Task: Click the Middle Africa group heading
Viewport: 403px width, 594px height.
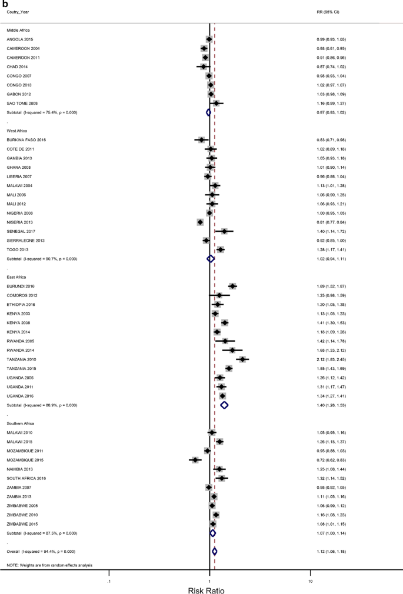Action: tap(18, 29)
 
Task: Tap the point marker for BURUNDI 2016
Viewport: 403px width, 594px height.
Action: tap(232, 286)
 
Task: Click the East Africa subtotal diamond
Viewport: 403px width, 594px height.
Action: tap(224, 405)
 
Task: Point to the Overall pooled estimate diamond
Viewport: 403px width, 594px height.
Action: tap(214, 551)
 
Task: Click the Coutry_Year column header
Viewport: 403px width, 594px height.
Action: tap(18, 12)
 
